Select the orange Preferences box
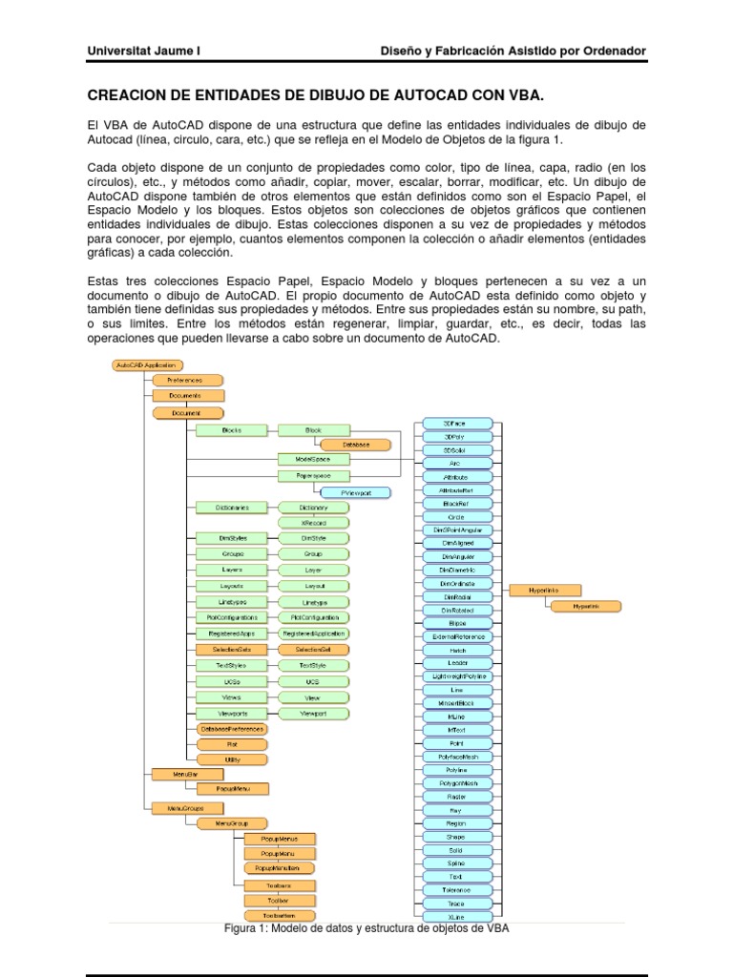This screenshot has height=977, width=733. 184,380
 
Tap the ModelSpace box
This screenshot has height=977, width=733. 313,460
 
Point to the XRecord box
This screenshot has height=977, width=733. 313,523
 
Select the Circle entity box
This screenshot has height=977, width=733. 455,515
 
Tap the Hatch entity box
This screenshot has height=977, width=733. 455,649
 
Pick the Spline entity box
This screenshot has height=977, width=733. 455,863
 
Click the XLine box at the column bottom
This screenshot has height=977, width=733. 455,916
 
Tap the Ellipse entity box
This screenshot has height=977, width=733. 455,622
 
